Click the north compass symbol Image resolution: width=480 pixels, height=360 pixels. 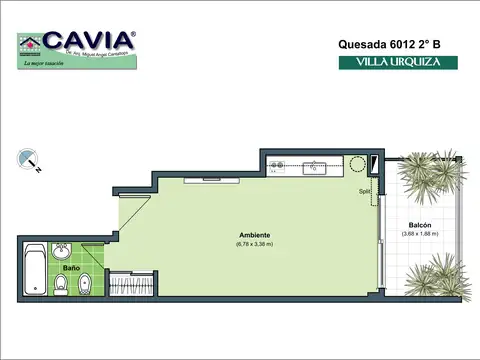27,160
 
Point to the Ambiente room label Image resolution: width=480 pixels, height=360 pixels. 254,236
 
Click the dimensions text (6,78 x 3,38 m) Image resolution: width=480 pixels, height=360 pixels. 254,245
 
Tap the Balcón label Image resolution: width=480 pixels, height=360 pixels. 420,226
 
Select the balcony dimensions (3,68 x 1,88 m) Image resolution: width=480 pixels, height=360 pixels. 420,235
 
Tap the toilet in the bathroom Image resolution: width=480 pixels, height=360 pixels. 62,286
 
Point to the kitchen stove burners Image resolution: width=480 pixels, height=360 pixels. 279,166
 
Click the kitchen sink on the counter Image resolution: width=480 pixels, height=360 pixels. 316,167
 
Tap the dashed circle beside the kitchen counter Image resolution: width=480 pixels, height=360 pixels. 356,166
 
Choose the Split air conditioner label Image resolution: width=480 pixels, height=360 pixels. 365,191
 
